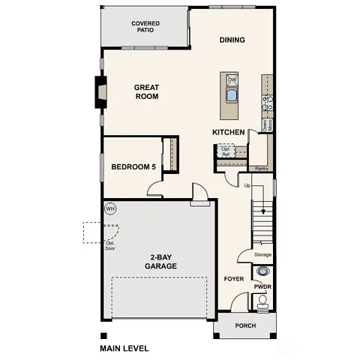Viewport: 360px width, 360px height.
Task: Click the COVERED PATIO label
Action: coord(145,28)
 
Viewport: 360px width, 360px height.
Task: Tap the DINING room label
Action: coord(232,40)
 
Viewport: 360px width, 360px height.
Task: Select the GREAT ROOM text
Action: coord(147,91)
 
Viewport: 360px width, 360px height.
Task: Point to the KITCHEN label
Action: coord(228,132)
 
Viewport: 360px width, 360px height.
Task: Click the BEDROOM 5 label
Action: coord(133,166)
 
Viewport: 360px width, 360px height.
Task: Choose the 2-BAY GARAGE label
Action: coord(160,262)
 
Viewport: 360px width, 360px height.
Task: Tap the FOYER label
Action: coord(234,279)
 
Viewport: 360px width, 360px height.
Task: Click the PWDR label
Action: coord(262,286)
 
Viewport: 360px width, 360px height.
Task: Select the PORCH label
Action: coord(244,326)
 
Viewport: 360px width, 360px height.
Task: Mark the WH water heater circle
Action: coord(110,208)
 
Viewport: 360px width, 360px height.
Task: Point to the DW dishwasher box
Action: coord(232,79)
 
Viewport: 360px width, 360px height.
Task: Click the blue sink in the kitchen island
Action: coord(232,95)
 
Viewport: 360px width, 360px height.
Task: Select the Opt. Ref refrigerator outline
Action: coord(225,151)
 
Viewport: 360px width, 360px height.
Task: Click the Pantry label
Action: coord(261,169)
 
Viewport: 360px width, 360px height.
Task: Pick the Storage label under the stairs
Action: coord(262,255)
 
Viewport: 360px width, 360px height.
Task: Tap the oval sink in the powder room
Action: coord(262,272)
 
